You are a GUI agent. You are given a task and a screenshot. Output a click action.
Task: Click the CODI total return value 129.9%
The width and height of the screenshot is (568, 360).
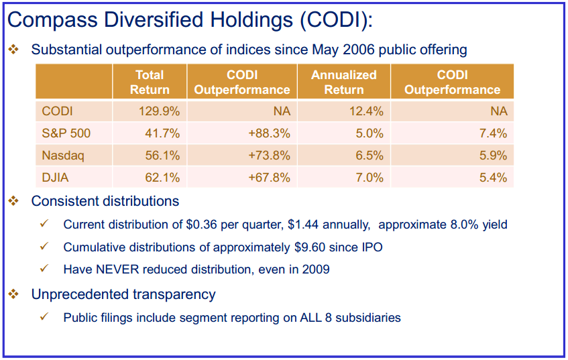(x=160, y=111)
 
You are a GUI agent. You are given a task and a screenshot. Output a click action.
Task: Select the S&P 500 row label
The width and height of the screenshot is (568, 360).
(x=66, y=133)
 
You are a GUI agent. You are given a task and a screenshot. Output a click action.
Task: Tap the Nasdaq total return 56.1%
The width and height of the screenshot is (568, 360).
(x=163, y=156)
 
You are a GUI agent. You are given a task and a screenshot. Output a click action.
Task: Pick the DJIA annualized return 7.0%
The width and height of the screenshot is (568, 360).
(x=370, y=178)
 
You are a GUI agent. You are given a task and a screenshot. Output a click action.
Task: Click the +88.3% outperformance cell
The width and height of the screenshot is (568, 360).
(x=269, y=133)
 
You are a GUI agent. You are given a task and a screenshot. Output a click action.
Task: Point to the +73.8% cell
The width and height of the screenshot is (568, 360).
(x=269, y=156)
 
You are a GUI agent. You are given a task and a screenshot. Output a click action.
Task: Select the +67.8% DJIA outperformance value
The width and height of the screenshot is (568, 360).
(x=269, y=178)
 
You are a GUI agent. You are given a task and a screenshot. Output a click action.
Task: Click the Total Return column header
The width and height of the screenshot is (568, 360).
(x=150, y=82)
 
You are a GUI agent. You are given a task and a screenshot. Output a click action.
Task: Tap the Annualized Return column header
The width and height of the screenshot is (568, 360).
(x=344, y=82)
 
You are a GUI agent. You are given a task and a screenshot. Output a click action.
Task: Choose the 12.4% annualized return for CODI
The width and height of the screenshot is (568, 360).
(x=366, y=111)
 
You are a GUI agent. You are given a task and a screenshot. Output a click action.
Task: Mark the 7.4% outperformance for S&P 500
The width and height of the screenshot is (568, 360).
(x=493, y=133)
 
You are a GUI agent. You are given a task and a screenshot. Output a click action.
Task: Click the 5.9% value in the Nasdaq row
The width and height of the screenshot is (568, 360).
(x=493, y=156)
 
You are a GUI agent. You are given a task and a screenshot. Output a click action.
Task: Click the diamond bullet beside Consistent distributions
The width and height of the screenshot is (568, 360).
(x=14, y=200)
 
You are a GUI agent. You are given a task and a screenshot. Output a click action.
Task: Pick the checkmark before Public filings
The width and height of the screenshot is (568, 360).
(x=44, y=316)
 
